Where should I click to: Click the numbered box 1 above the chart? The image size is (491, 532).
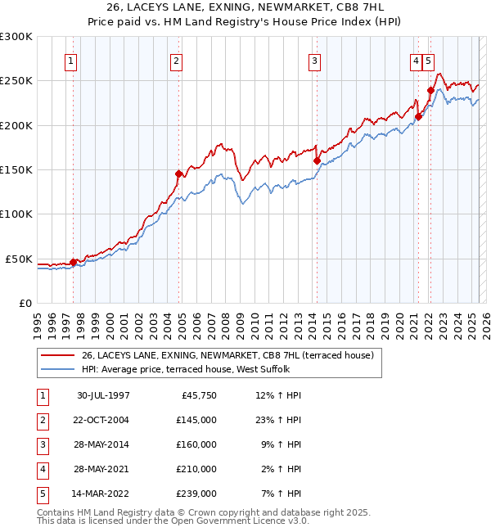coord(70,60)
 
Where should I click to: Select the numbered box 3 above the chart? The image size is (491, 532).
coord(315,60)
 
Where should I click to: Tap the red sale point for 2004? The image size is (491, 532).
coord(178,174)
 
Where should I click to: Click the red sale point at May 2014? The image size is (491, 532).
coord(317,160)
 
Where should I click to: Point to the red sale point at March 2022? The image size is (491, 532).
coord(430,90)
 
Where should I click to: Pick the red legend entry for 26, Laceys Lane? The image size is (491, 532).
coord(227,355)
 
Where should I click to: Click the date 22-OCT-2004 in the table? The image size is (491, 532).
coord(103,420)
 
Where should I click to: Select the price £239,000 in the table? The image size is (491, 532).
coord(196,494)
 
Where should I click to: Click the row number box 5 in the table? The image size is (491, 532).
coord(41,494)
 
